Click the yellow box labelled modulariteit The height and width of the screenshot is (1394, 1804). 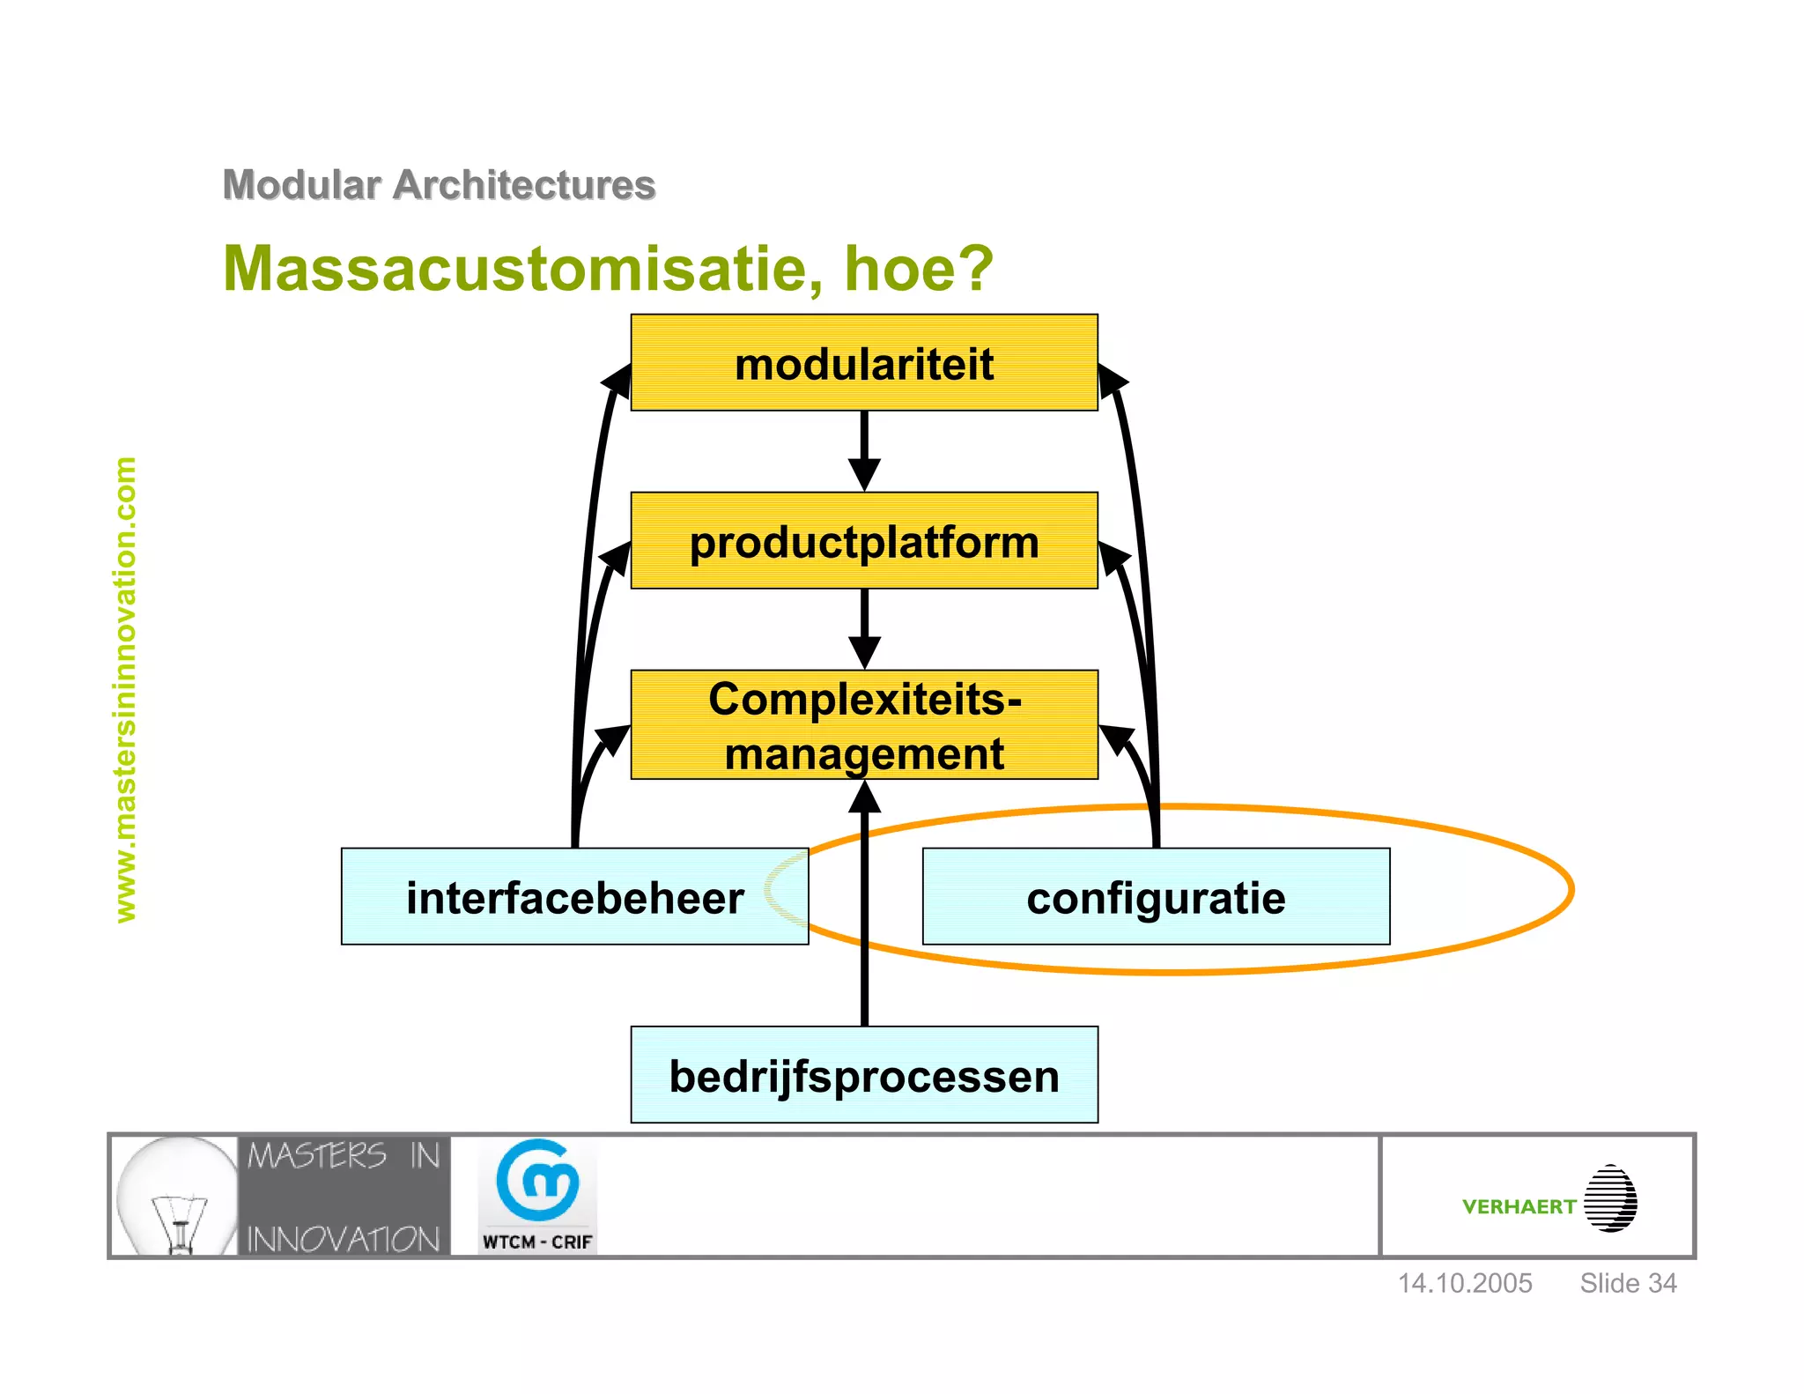tap(863, 364)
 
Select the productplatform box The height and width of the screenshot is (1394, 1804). tap(863, 541)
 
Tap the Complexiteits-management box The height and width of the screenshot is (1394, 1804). tap(863, 725)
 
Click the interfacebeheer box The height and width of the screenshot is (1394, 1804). tap(574, 897)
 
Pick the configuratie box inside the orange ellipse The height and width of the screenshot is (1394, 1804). tap(1156, 897)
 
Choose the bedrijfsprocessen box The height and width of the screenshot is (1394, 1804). tap(863, 1075)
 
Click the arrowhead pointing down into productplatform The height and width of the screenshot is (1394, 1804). tap(864, 474)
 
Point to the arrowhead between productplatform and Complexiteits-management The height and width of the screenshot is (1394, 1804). tap(864, 652)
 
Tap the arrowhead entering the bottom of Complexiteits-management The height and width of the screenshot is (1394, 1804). tap(864, 797)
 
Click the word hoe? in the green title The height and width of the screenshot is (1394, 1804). tap(918, 268)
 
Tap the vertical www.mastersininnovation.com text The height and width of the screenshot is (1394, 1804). tap(126, 689)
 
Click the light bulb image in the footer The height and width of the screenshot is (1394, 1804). tap(176, 1197)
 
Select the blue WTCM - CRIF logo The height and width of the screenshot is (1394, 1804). tap(537, 1194)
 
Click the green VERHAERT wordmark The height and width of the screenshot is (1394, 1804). tap(1518, 1206)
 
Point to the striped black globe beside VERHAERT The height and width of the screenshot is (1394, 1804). tap(1610, 1198)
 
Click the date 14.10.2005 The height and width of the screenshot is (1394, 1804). tap(1465, 1283)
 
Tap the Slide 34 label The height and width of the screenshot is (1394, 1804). tap(1628, 1283)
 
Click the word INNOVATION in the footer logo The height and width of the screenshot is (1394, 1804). tap(344, 1239)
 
